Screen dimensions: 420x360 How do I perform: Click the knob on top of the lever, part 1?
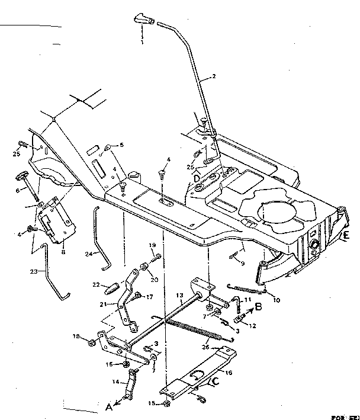pyautogui.click(x=143, y=18)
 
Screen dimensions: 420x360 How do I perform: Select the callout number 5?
pyautogui.click(x=121, y=145)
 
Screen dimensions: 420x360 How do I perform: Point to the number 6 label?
pyautogui.click(x=18, y=190)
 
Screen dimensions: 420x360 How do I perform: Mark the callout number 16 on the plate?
pyautogui.click(x=229, y=374)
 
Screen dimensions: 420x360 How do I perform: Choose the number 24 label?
pyautogui.click(x=88, y=255)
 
